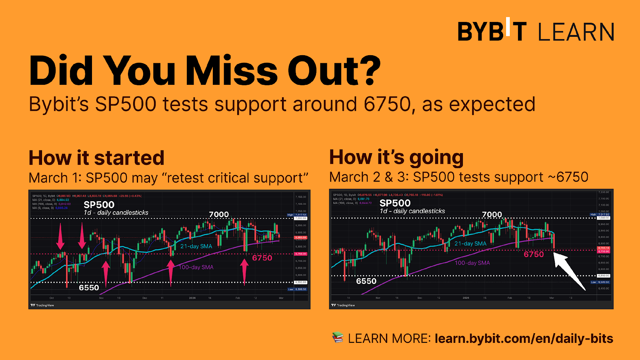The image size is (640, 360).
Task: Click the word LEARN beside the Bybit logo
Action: (x=576, y=32)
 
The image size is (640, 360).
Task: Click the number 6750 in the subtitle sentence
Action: (x=387, y=104)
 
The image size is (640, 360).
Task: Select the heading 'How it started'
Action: (x=96, y=158)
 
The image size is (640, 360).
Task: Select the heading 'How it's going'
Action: (x=396, y=157)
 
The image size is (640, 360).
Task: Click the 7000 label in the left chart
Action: (x=219, y=214)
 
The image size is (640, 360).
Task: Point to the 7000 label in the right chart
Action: (x=492, y=214)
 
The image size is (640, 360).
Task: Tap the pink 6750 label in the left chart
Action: (x=262, y=258)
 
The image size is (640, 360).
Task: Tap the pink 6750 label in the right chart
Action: (x=534, y=254)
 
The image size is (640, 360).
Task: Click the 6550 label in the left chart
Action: (x=89, y=288)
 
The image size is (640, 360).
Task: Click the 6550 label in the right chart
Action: (x=366, y=281)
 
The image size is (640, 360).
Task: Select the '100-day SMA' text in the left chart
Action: (x=196, y=267)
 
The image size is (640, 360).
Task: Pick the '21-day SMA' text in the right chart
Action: (x=470, y=244)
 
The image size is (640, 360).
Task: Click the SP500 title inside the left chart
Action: (x=99, y=204)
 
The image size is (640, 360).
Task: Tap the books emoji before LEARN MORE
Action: (x=338, y=338)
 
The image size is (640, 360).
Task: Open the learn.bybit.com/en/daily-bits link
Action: (x=524, y=338)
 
